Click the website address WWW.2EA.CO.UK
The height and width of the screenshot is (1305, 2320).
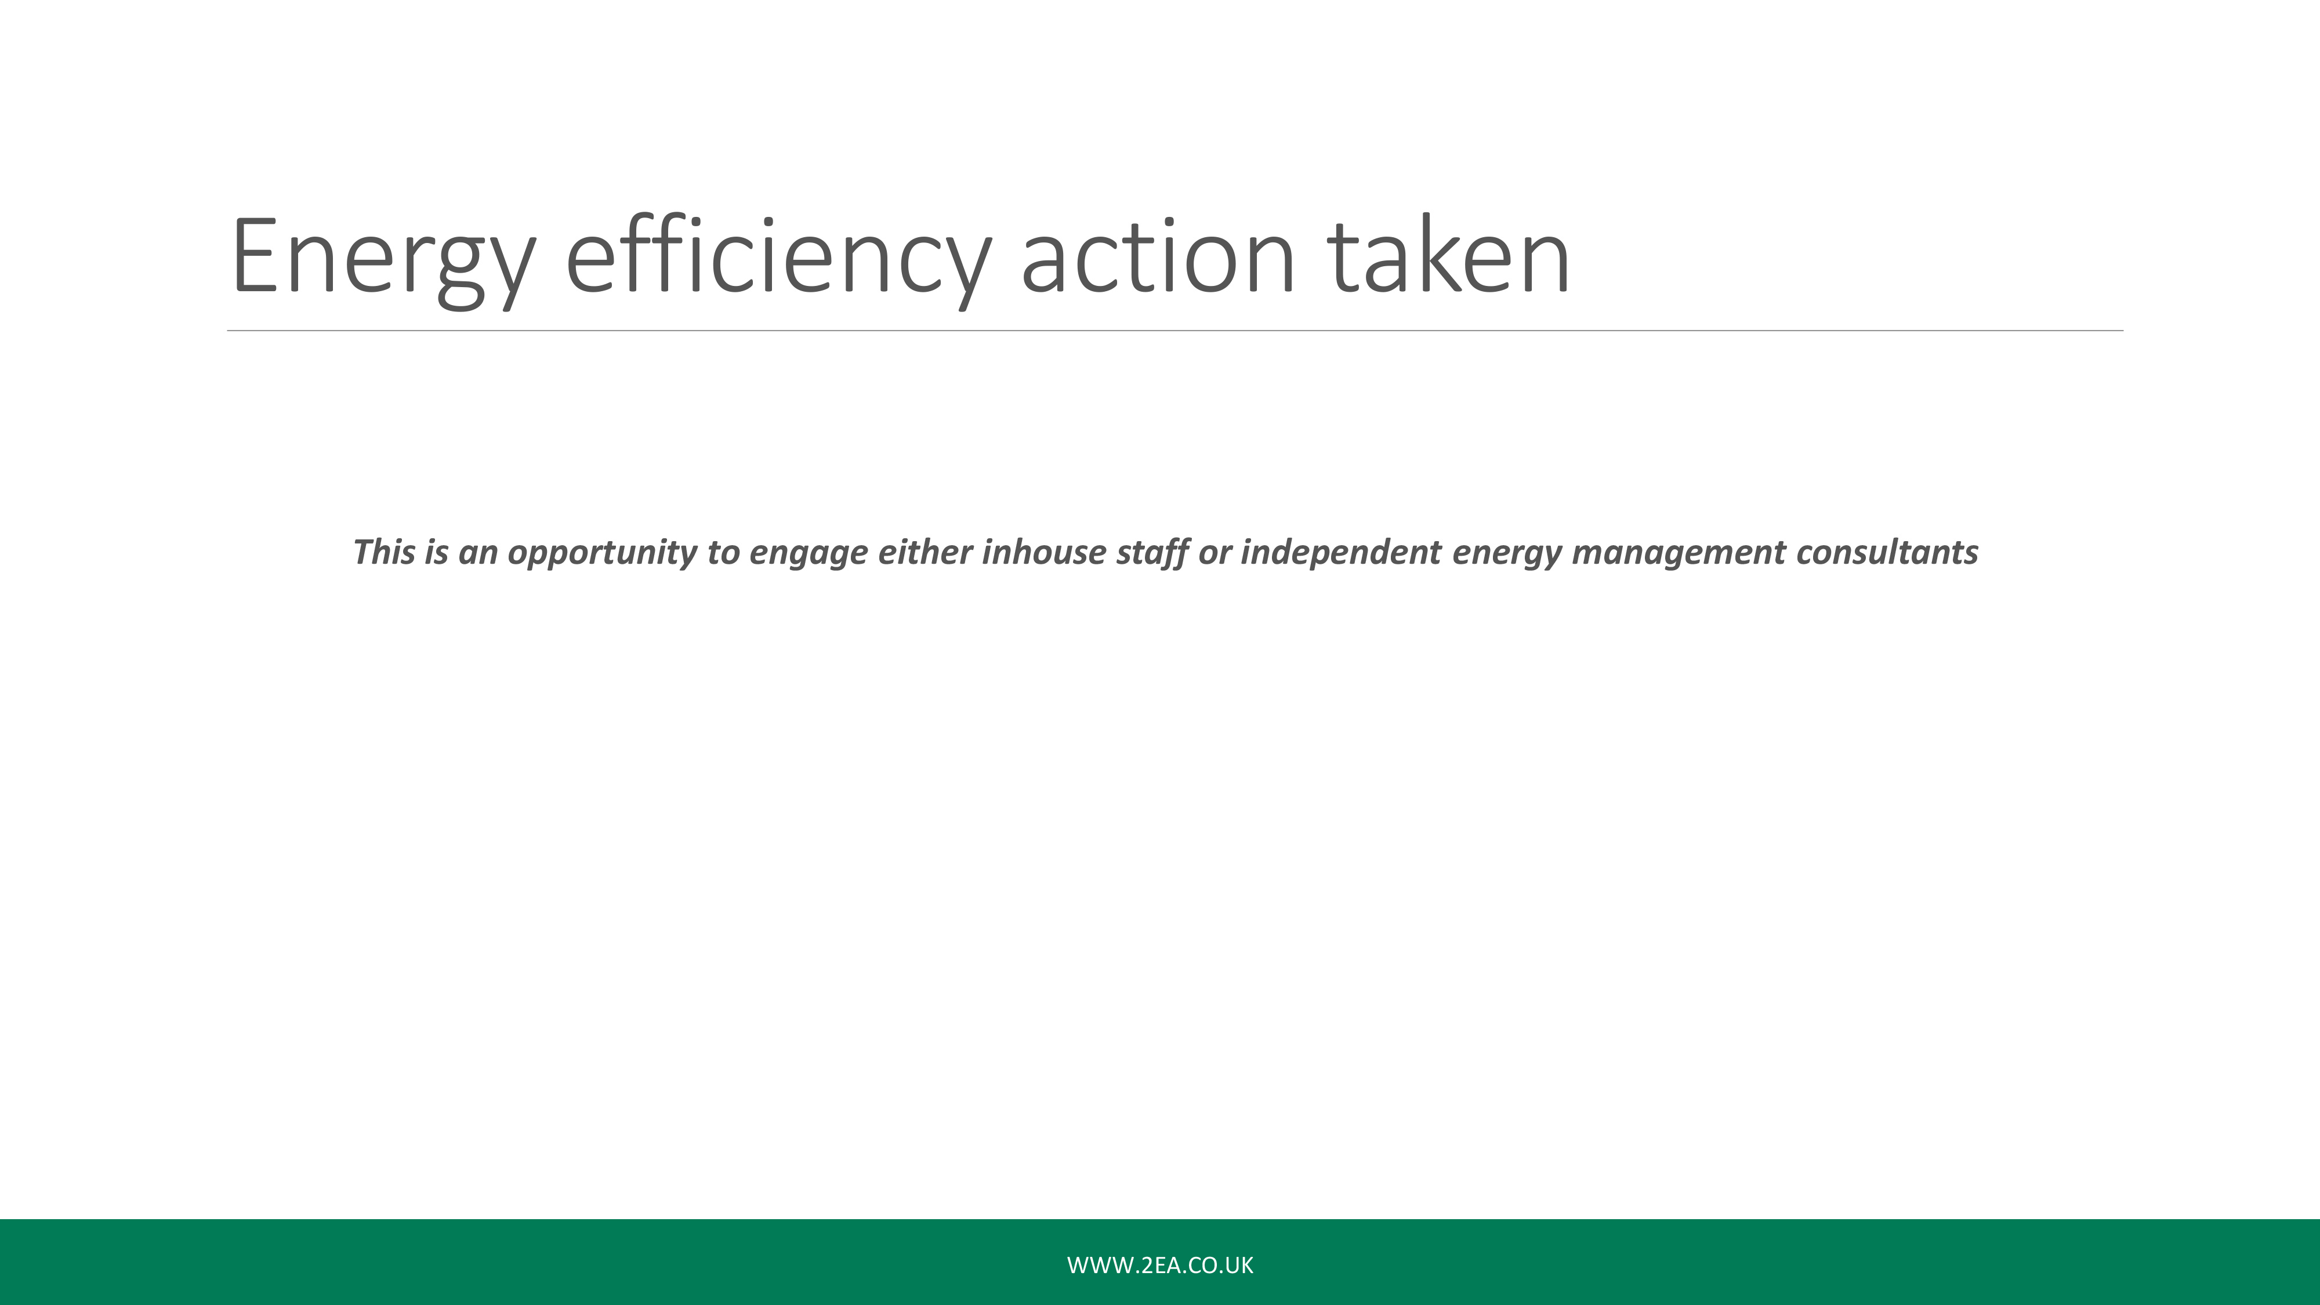(1160, 1266)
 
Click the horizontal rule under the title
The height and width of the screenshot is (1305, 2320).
(1175, 331)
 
